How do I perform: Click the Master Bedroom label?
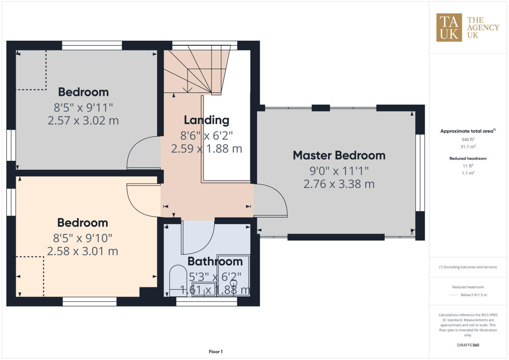click(339, 155)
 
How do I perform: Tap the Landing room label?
click(206, 120)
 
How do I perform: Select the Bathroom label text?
click(215, 261)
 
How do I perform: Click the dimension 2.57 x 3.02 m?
click(83, 121)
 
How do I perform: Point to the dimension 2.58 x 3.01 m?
click(82, 251)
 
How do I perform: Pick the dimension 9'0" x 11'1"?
click(339, 170)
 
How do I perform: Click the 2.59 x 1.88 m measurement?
click(207, 149)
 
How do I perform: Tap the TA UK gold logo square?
click(449, 28)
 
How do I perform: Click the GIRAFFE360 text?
click(468, 345)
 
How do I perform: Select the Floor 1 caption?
click(215, 352)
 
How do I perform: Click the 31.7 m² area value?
click(468, 146)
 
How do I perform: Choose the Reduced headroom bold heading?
click(468, 159)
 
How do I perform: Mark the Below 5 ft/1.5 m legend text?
click(474, 295)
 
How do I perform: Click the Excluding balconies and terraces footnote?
click(468, 267)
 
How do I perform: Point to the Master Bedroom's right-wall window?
click(420, 173)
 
